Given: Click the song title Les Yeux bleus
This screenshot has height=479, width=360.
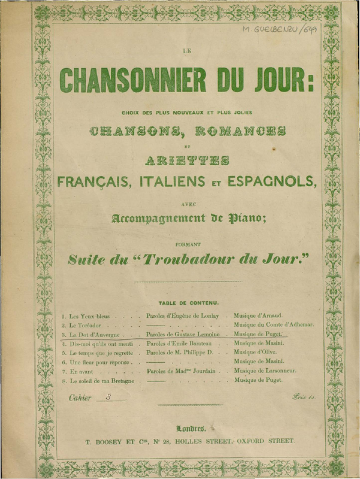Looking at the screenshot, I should pyautogui.click(x=87, y=316).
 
